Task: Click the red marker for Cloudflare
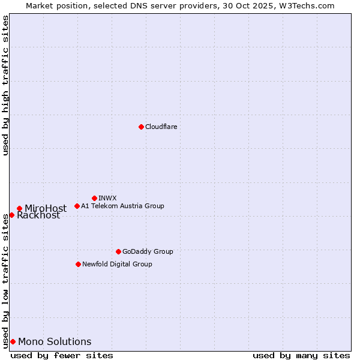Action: pyautogui.click(x=141, y=127)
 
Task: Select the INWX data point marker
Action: pyautogui.click(x=94, y=198)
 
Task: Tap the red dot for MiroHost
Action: pyautogui.click(x=19, y=208)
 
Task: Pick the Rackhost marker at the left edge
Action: pyautogui.click(x=11, y=215)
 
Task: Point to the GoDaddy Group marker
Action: pyautogui.click(x=118, y=251)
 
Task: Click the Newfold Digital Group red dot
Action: pyautogui.click(x=78, y=264)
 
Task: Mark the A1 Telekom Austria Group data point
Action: pyautogui.click(x=77, y=206)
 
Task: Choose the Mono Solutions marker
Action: pyautogui.click(x=13, y=341)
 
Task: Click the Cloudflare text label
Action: pyautogui.click(x=161, y=127)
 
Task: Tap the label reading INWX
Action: pyautogui.click(x=107, y=198)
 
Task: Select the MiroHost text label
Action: pyautogui.click(x=46, y=209)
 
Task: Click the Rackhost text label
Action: pyautogui.click(x=38, y=215)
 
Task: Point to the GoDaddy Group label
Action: pyautogui.click(x=148, y=251)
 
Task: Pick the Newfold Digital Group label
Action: pyautogui.click(x=117, y=264)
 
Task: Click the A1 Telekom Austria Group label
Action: pyautogui.click(x=122, y=206)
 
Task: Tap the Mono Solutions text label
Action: pyautogui.click(x=55, y=342)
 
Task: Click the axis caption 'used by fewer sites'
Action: pyautogui.click(x=62, y=355)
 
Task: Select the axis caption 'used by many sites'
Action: pyautogui.click(x=301, y=355)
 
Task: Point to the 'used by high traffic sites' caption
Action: pyautogui.click(x=5, y=85)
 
